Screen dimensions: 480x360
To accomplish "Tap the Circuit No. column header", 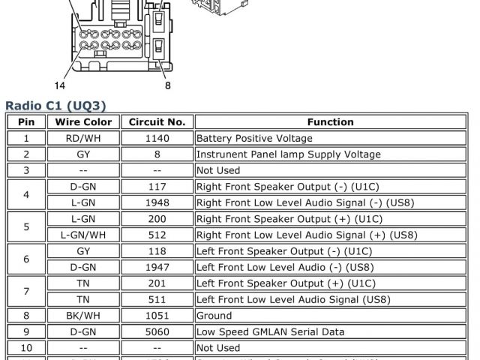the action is click(157, 122).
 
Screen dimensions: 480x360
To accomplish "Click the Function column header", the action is click(330, 122).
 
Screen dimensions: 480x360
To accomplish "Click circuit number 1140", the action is click(157, 139).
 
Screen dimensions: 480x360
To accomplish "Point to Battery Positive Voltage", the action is click(254, 139).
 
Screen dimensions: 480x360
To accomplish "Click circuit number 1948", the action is click(157, 202).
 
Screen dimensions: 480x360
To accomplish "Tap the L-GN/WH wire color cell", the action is click(82, 235).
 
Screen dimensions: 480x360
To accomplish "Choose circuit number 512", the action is click(157, 235).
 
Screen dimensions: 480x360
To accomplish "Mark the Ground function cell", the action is click(214, 316).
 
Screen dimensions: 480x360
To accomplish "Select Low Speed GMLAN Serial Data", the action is click(270, 331).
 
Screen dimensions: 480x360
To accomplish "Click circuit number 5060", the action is click(157, 331).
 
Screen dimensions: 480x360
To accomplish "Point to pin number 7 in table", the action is click(26, 291).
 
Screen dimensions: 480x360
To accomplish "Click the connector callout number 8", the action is click(167, 85).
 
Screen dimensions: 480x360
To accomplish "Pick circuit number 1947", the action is click(157, 267).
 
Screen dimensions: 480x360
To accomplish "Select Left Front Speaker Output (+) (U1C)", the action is click(289, 283).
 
